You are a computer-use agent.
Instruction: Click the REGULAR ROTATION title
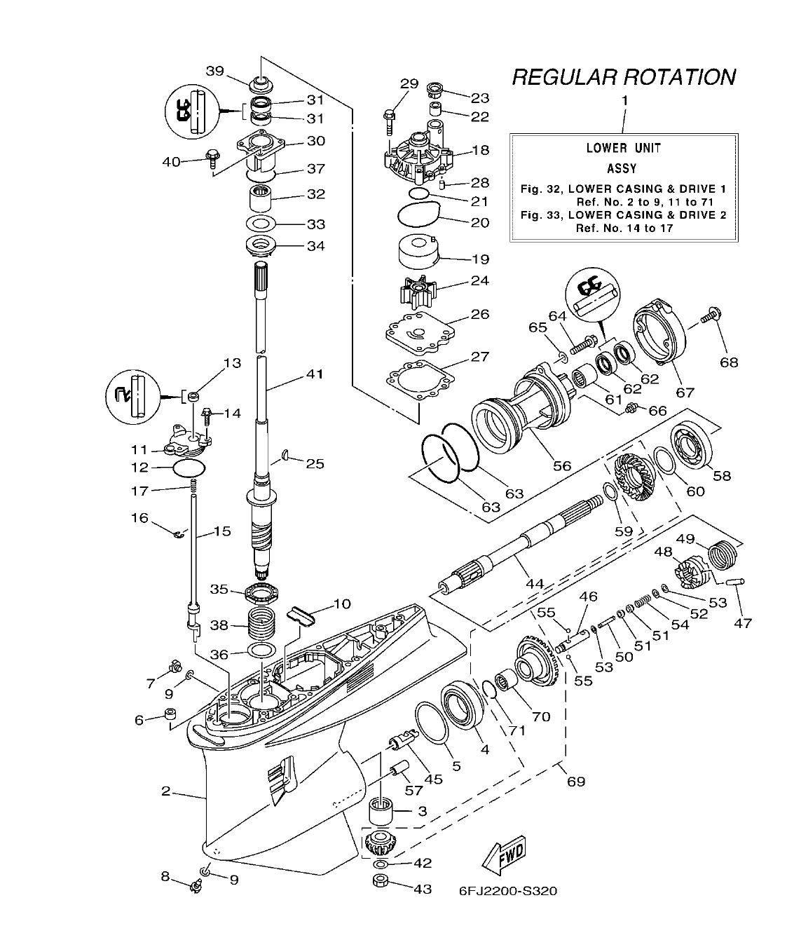624,76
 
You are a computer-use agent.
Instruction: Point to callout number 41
314,374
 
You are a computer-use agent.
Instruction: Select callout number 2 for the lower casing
166,791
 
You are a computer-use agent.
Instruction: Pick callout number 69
575,781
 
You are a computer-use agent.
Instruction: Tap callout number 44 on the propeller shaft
534,583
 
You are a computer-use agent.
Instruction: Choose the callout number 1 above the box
624,100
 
